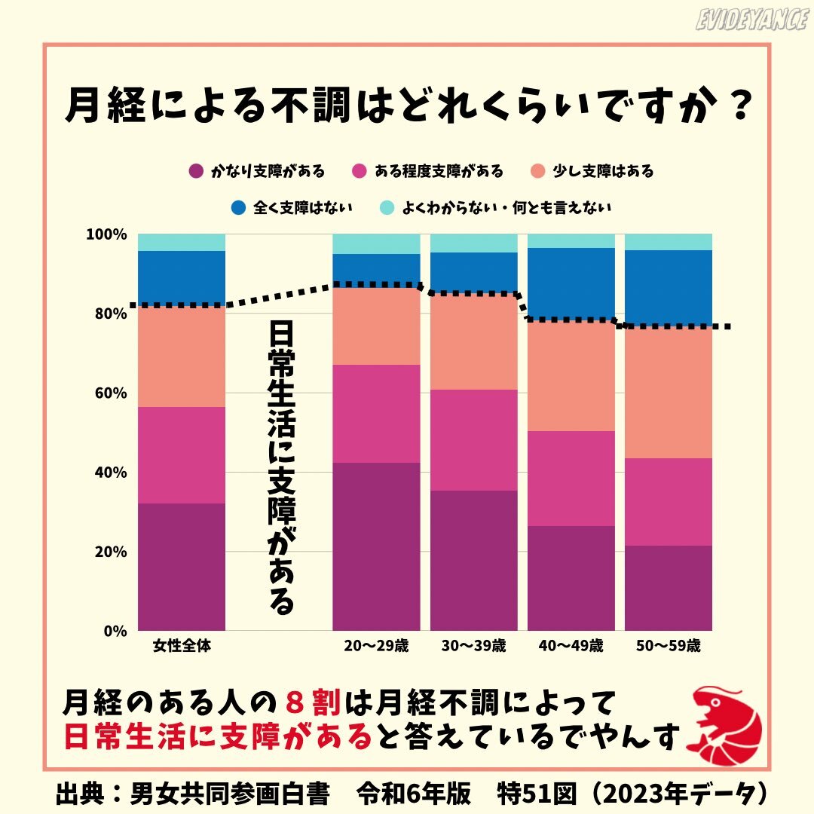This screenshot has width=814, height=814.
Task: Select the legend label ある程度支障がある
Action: (439, 171)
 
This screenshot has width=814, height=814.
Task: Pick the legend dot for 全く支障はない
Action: (239, 207)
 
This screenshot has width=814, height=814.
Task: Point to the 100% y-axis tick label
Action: (106, 234)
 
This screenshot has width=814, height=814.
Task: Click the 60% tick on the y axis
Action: (110, 393)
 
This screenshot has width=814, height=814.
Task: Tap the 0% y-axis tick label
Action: (115, 631)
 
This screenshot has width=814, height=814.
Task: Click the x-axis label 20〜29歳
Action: (376, 646)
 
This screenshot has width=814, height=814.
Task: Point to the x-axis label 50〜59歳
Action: (669, 646)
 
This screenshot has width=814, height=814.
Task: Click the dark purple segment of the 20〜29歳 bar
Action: (376, 546)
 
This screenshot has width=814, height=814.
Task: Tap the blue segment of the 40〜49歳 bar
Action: (571, 283)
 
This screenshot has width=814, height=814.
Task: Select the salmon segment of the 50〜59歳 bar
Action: (669, 392)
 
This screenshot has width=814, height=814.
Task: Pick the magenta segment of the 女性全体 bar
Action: (182, 454)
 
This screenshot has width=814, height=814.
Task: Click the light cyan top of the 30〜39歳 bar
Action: (473, 243)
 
